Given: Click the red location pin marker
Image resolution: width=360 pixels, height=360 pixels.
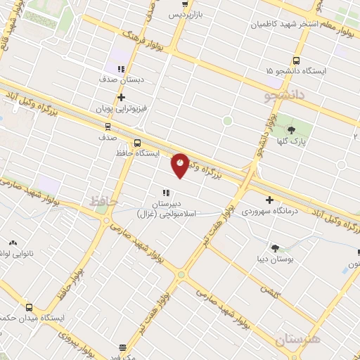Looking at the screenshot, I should click(181, 165).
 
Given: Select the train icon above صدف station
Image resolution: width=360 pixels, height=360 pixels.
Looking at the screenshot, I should click(108, 127).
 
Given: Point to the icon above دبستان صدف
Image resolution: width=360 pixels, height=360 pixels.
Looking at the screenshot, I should click(121, 69).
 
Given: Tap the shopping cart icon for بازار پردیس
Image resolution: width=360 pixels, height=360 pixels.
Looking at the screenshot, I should click(185, 4).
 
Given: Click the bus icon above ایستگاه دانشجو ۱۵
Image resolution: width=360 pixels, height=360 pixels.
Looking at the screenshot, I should click(295, 60).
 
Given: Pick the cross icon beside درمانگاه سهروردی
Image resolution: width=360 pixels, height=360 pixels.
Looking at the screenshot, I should click(269, 200).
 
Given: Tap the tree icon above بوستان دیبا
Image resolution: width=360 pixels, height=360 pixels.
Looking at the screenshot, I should click(274, 247).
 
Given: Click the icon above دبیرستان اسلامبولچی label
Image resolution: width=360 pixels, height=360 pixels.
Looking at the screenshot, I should click(166, 192).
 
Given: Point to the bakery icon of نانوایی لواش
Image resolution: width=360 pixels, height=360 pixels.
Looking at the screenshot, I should click(12, 243).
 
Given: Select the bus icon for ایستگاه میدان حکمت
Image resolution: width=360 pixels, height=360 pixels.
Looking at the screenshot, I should click(30, 307).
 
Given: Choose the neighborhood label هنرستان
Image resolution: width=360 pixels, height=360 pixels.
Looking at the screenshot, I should click(297, 340).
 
